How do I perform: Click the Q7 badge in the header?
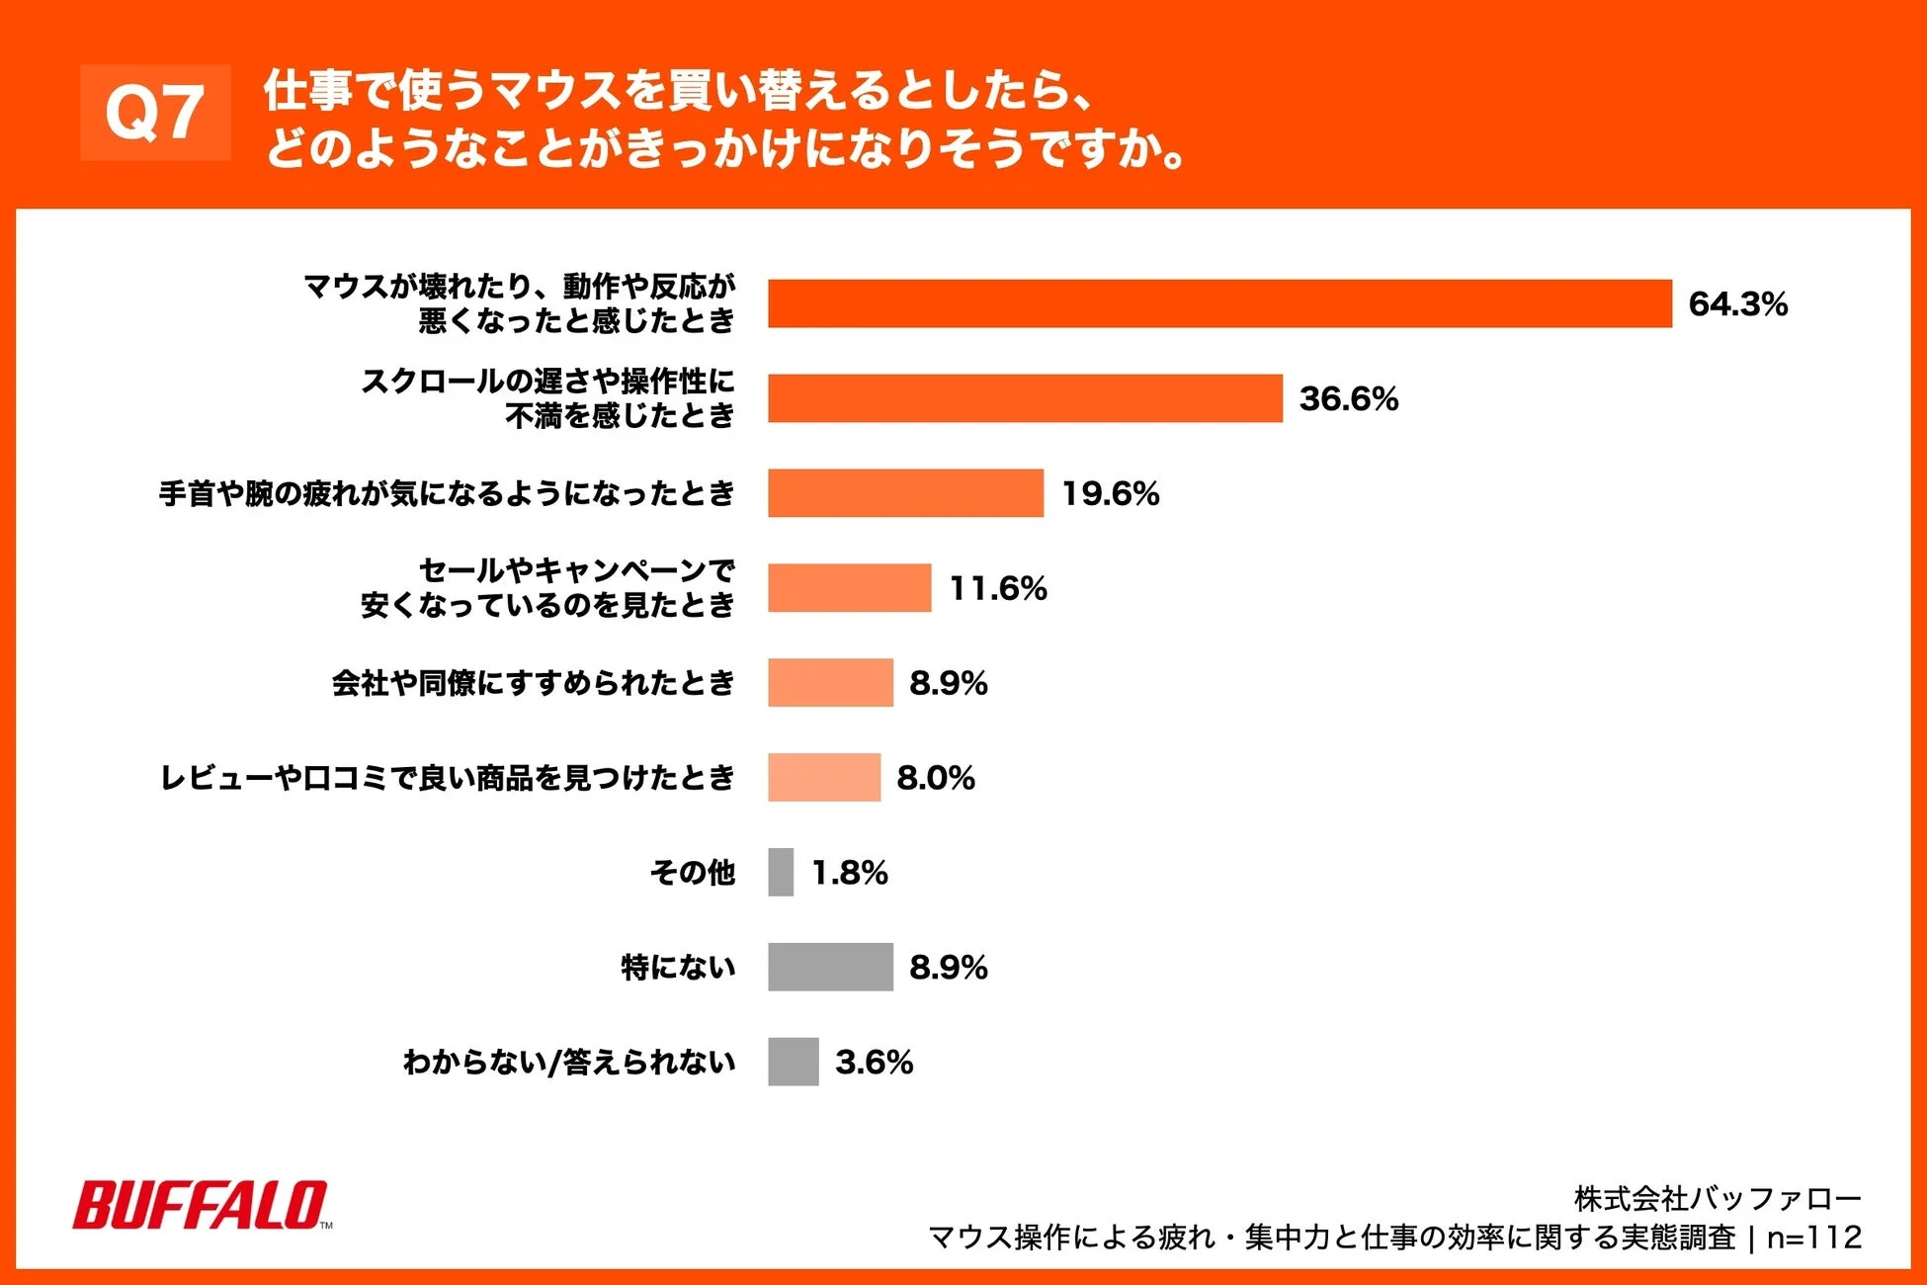(155, 113)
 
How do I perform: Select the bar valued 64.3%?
(1219, 303)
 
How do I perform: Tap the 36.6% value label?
(1348, 398)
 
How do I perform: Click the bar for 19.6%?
(905, 493)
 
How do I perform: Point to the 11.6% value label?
(997, 588)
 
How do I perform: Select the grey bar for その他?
(781, 872)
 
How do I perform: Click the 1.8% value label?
(849, 873)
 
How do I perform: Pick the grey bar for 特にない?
(830, 967)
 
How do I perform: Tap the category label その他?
(693, 872)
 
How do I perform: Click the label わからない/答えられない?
(569, 1062)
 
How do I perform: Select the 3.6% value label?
(874, 1063)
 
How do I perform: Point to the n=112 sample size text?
(1813, 1238)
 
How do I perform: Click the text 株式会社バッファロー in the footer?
(1717, 1199)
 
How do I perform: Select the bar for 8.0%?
(824, 777)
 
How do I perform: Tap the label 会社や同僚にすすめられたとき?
(534, 683)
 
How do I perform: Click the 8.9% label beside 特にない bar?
(948, 968)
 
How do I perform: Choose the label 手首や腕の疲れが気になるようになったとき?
(447, 493)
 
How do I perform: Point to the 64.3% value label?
(1737, 304)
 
